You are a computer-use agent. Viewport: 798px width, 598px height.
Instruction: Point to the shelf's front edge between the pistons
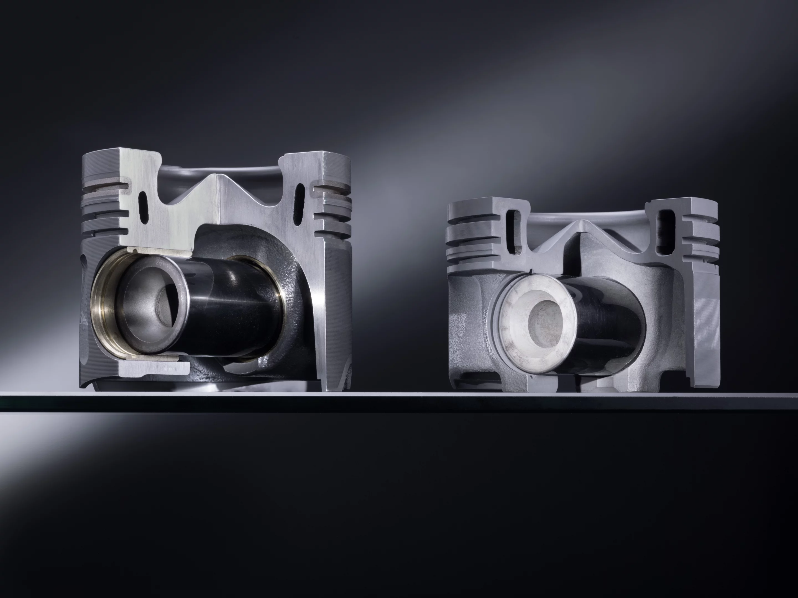(397, 401)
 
